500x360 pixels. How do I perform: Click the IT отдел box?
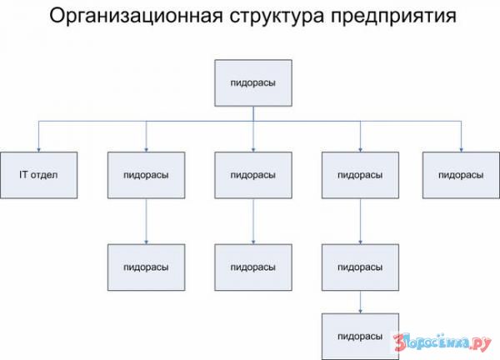tap(38, 175)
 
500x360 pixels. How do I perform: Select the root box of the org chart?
tap(253, 82)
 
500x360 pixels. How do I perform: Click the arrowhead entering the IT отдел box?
tap(38, 150)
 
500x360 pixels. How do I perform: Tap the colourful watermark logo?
tap(442, 342)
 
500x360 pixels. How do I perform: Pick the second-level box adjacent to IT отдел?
tap(146, 175)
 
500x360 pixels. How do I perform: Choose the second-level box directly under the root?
tap(253, 175)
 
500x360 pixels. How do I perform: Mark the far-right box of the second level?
tap(461, 175)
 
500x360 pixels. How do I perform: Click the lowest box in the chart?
tap(360, 337)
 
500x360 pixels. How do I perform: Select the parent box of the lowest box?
tap(360, 267)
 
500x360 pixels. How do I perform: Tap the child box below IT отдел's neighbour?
tap(146, 267)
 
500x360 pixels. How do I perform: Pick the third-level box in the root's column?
tap(253, 267)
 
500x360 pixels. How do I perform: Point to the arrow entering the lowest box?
tap(360, 302)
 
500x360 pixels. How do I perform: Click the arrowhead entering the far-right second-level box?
tap(461, 150)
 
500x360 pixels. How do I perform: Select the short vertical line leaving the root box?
tap(253, 114)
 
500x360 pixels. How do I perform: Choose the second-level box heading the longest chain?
tap(360, 175)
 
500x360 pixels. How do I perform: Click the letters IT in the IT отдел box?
tap(23, 175)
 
